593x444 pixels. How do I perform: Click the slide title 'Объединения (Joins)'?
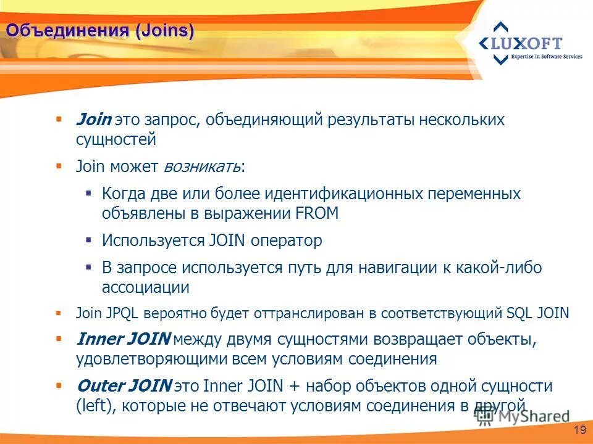pyautogui.click(x=100, y=30)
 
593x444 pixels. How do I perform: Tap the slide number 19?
pyautogui.click(x=579, y=430)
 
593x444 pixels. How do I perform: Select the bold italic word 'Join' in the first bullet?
pyautogui.click(x=93, y=120)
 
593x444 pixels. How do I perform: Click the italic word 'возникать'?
pyautogui.click(x=202, y=166)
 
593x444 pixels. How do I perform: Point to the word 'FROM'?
pyautogui.click(x=317, y=213)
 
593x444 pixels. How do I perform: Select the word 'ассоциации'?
pyautogui.click(x=146, y=287)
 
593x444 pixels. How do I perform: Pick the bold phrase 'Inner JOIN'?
pyautogui.click(x=124, y=339)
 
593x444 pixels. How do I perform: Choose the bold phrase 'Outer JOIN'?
pyautogui.click(x=124, y=387)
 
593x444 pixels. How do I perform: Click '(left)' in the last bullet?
pyautogui.click(x=95, y=406)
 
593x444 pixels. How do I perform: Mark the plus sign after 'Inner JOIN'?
pyautogui.click(x=294, y=387)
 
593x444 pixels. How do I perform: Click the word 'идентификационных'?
pyautogui.click(x=343, y=194)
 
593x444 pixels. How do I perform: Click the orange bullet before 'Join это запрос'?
pyautogui.click(x=59, y=118)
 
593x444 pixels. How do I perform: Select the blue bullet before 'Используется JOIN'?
pyautogui.click(x=89, y=239)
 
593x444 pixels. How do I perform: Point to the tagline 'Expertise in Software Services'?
pyautogui.click(x=546, y=57)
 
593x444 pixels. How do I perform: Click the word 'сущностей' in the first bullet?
pyautogui.click(x=116, y=139)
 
